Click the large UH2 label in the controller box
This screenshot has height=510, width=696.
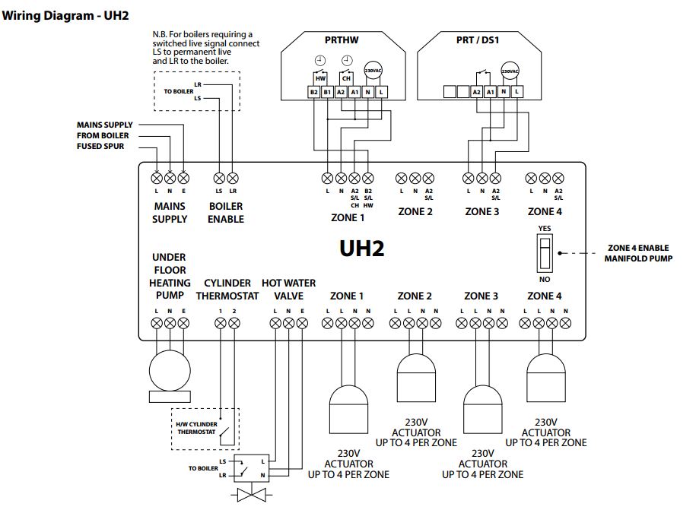[x=362, y=249]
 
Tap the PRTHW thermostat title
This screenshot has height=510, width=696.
[x=342, y=40]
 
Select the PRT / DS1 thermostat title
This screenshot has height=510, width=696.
[x=478, y=40]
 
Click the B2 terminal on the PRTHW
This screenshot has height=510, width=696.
[x=314, y=92]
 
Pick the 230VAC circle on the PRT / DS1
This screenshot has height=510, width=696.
[x=510, y=71]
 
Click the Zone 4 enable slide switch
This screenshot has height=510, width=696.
[x=544, y=254]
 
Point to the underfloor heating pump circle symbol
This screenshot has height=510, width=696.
[x=170, y=371]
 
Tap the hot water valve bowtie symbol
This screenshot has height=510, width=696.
[x=251, y=494]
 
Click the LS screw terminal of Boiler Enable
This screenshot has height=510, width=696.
[x=219, y=179]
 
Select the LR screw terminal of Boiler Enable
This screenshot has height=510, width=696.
[x=233, y=179]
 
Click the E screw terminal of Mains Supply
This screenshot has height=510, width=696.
[x=183, y=179]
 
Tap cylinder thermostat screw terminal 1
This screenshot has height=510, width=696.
[x=220, y=323]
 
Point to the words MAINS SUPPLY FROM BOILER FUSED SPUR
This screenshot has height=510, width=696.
[x=105, y=136]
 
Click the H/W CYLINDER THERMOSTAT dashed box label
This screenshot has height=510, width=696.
[x=196, y=428]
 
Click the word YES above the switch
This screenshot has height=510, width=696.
[x=544, y=228]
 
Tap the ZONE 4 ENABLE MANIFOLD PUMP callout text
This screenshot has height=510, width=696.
[x=638, y=253]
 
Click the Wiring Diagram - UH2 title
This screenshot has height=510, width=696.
[x=65, y=16]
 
